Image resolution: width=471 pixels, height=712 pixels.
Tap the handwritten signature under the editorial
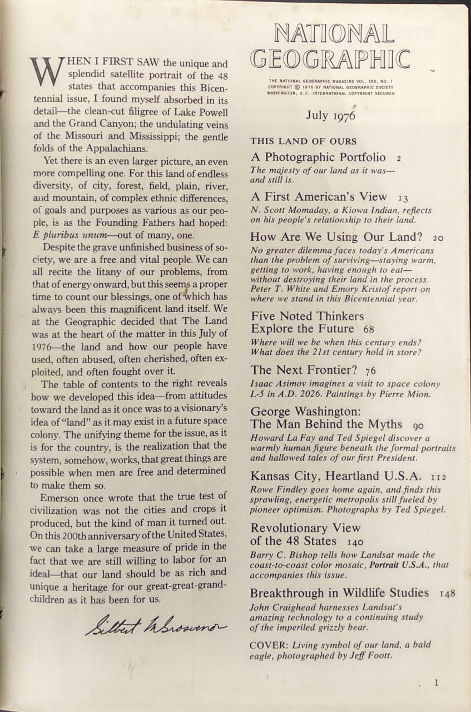click(x=156, y=625)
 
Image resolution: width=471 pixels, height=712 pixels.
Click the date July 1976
click(x=330, y=116)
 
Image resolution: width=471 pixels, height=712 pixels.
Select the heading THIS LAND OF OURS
click(x=303, y=141)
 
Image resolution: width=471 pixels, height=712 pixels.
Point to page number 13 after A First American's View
click(x=403, y=198)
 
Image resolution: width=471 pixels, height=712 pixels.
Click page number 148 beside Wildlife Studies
click(x=447, y=594)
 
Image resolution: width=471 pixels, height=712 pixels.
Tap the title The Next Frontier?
click(x=305, y=370)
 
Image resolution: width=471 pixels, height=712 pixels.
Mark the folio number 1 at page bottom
click(x=437, y=683)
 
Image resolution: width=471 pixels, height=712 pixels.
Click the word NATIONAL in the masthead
click(x=334, y=34)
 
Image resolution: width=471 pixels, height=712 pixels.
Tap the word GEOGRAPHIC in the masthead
click(x=330, y=59)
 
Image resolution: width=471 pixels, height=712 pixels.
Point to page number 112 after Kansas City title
click(x=438, y=477)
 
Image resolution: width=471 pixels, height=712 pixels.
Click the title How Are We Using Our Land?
click(x=336, y=236)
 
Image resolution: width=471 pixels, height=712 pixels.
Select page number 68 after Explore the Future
click(x=369, y=329)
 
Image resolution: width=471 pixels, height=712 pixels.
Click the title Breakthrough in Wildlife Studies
click(x=339, y=592)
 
